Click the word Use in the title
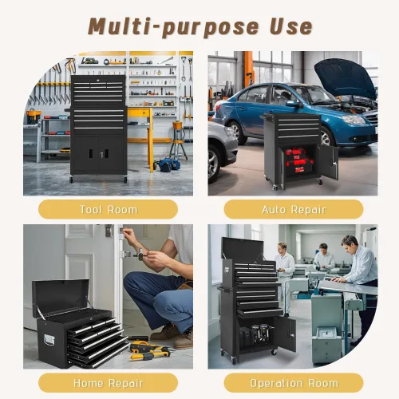[x=291, y=26]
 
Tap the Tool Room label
[x=109, y=210]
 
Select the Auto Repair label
[x=294, y=210]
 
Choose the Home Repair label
[x=109, y=383]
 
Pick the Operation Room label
[x=294, y=383]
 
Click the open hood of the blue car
[x=346, y=77]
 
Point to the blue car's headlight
[x=354, y=120]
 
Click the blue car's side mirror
[x=293, y=104]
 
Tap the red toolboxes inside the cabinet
[x=298, y=161]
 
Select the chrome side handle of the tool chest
[x=49, y=340]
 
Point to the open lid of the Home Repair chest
[x=61, y=295]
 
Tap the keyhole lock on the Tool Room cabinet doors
[x=101, y=154]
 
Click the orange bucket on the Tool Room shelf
[x=34, y=117]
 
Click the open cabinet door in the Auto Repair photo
[x=328, y=162]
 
